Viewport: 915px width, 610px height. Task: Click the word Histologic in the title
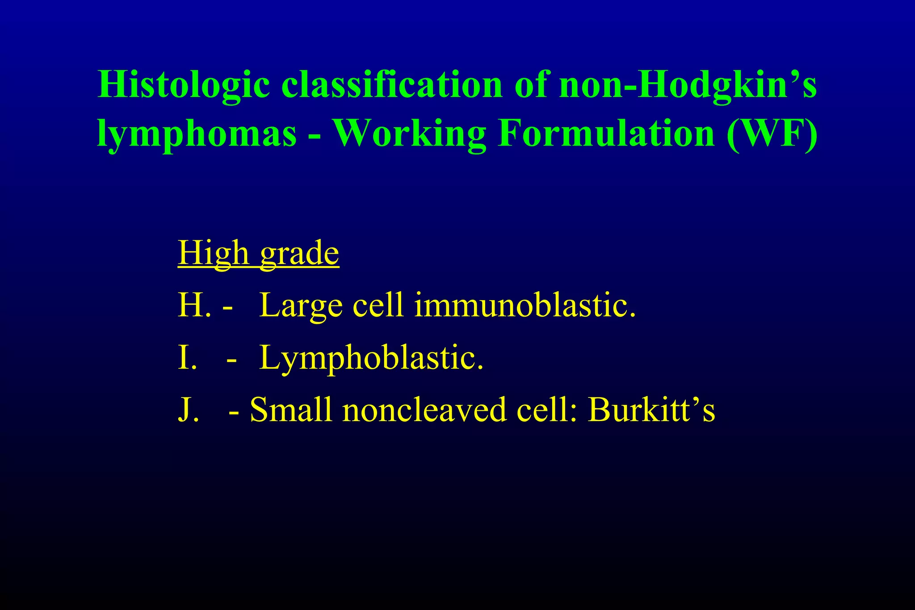184,85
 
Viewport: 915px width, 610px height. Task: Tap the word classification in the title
392,85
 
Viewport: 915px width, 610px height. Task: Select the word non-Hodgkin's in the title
688,85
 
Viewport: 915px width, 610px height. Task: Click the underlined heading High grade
258,254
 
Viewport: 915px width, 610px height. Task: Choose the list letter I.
187,358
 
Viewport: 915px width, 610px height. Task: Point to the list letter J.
188,410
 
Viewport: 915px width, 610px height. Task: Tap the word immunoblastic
525,306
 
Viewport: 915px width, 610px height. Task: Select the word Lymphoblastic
371,358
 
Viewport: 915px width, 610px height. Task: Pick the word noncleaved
424,410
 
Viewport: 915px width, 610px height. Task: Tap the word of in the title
531,85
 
